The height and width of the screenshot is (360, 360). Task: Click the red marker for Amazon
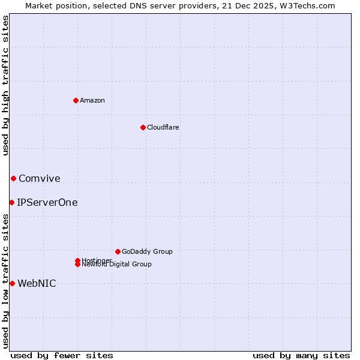coord(76,100)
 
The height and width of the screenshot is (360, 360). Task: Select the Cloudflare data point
coord(143,127)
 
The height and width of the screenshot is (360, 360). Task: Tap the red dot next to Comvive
coord(13,178)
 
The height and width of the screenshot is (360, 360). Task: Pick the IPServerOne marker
coord(11,202)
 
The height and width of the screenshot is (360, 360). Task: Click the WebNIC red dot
coord(12,283)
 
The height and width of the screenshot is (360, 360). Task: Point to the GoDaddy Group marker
coord(118,251)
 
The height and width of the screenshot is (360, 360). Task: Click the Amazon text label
coord(92,100)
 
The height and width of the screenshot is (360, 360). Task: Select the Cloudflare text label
coord(163,127)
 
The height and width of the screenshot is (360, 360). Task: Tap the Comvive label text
coord(39,178)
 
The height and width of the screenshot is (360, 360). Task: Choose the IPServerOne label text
coord(47,202)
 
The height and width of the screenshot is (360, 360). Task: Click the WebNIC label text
coord(37,283)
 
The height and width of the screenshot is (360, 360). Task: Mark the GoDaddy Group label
coord(146,251)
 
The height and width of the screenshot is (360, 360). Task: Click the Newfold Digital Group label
coord(116,265)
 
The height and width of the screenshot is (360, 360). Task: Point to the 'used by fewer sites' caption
coord(62,355)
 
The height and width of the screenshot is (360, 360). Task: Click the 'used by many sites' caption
coord(301,355)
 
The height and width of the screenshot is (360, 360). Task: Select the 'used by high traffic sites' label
coord(5,85)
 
